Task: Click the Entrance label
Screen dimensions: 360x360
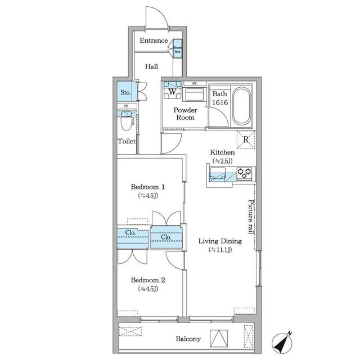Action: point(154,40)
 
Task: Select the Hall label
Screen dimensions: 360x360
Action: point(151,66)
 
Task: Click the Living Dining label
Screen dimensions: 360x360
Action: point(219,245)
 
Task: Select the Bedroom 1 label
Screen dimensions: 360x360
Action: point(147,191)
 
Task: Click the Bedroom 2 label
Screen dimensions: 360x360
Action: point(147,284)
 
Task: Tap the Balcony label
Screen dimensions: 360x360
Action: point(188,339)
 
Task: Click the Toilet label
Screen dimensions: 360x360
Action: point(127,142)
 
